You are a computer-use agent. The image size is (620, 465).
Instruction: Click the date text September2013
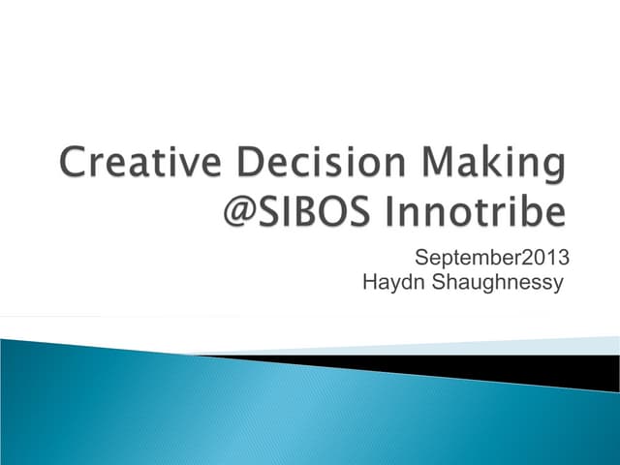coord(490,259)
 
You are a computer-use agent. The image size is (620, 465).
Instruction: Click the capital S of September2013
coord(419,258)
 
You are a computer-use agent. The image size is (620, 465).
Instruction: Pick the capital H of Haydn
coord(367,283)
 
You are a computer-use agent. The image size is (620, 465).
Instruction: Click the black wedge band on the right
coord(542,367)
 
